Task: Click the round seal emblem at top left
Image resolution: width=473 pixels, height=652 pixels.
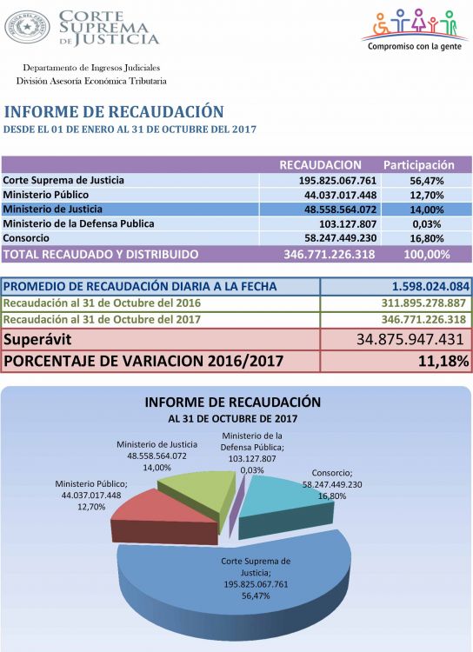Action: [x=27, y=28]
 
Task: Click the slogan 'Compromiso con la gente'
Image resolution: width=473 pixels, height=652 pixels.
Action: [x=415, y=46]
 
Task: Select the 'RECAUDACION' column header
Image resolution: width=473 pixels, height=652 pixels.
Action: [x=320, y=165]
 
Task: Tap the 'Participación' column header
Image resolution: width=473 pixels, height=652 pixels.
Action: [x=419, y=165]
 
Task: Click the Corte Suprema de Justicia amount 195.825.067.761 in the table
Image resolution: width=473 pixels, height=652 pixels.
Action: [x=338, y=181]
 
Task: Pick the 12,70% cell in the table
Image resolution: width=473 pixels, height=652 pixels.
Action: [x=427, y=195]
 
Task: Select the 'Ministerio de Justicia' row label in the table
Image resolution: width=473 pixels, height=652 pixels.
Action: [x=52, y=209]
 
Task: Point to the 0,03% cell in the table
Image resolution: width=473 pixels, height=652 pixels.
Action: [x=427, y=224]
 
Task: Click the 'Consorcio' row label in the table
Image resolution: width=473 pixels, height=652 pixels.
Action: [x=26, y=238]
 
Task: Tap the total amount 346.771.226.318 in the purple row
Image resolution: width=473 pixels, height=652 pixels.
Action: [x=330, y=255]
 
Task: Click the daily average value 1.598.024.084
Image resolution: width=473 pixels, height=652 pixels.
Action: [x=430, y=287]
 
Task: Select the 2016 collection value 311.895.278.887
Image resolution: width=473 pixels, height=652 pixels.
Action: [x=423, y=303]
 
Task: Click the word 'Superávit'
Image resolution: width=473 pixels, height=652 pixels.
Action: [x=37, y=339]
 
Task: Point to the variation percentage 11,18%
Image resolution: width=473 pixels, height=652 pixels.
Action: [x=443, y=361]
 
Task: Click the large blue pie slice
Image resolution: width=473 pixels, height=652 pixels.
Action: [x=233, y=582]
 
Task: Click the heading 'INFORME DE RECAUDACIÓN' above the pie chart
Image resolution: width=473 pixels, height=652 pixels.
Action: [x=233, y=403]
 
